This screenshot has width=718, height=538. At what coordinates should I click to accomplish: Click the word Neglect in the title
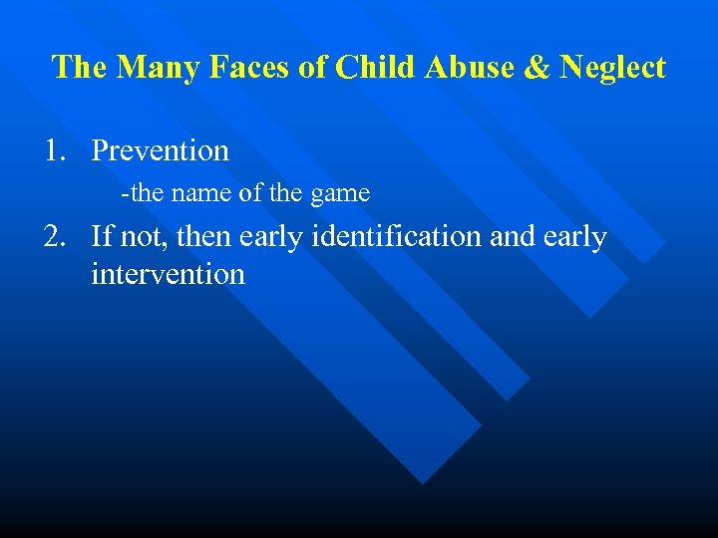tap(612, 69)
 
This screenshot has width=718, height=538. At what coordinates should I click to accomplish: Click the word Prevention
tap(160, 151)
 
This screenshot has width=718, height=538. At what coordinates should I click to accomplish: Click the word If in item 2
tap(100, 237)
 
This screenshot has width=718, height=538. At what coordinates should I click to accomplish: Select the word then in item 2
tap(201, 237)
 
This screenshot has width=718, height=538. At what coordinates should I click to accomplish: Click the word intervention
tap(168, 274)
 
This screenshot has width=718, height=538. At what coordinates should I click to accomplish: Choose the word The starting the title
tap(80, 68)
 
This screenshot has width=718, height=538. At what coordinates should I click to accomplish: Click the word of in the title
tap(316, 68)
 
